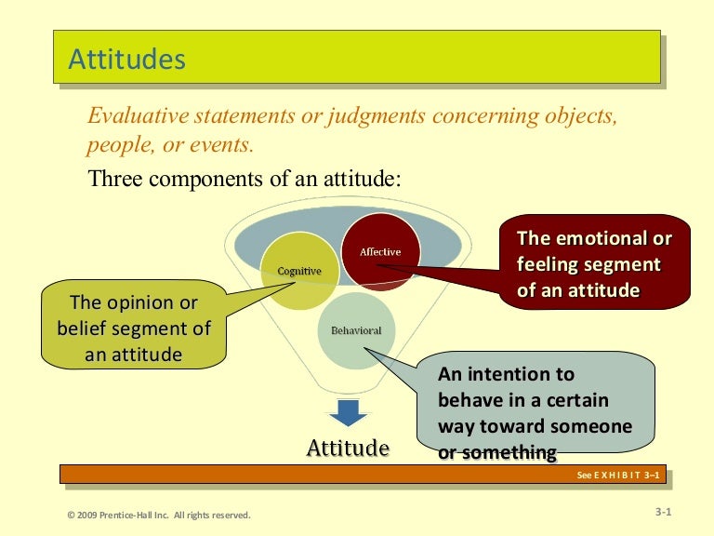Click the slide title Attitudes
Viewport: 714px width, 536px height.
coord(126,60)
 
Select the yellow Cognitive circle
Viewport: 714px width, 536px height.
coord(298,271)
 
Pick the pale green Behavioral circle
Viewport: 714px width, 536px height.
coord(356,331)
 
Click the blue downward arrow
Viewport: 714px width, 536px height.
coord(348,412)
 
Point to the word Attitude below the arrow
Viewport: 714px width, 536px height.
coord(348,448)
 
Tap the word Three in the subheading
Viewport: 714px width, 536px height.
coord(114,179)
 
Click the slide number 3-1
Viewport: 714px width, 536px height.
coord(663,512)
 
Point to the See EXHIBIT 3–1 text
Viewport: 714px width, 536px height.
coord(617,476)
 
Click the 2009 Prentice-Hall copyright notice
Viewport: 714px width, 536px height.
coord(158,515)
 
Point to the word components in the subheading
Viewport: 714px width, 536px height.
coord(205,179)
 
